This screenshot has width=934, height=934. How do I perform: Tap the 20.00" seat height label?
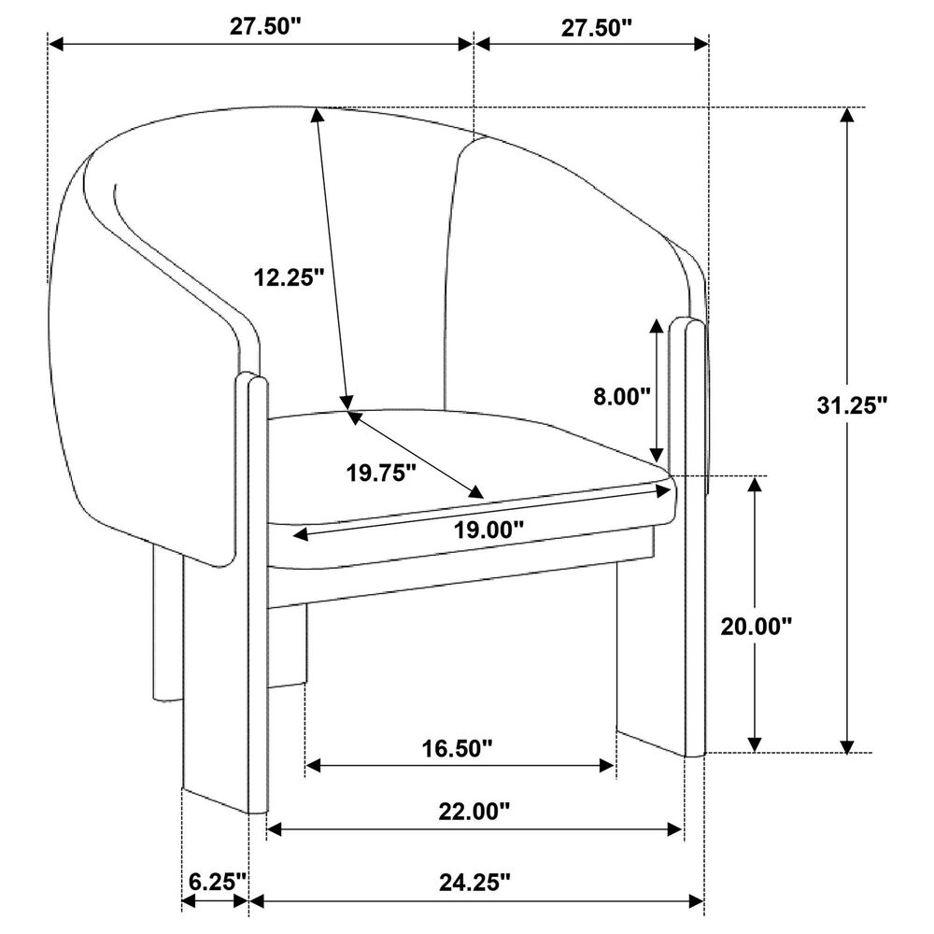pyautogui.click(x=756, y=626)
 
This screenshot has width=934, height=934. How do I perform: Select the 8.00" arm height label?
pyautogui.click(x=621, y=396)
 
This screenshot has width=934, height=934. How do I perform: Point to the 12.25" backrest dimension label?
pyautogui.click(x=289, y=277)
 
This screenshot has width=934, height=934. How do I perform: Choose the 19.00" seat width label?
pyautogui.click(x=488, y=530)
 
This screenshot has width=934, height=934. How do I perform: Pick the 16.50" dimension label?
pyautogui.click(x=458, y=749)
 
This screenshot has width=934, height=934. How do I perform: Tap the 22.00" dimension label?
pyautogui.click(x=474, y=811)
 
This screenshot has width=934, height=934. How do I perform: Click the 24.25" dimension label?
pyautogui.click(x=474, y=883)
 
